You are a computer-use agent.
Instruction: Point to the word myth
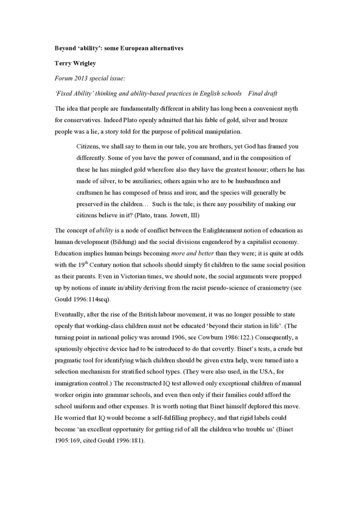click(289, 109)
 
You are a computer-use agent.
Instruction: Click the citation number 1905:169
click(70, 440)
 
